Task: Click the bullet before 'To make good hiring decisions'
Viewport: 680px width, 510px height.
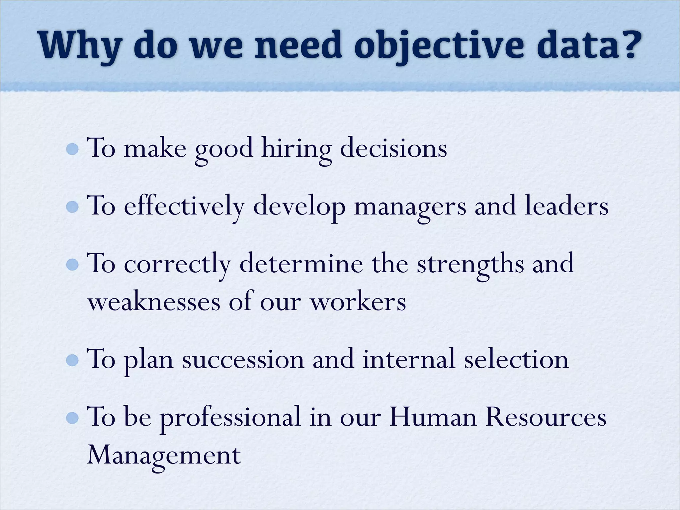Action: point(72,149)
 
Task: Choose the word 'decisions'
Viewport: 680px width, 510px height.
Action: point(393,148)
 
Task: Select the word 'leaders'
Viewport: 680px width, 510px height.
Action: point(566,206)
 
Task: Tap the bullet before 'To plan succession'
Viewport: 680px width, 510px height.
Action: point(72,360)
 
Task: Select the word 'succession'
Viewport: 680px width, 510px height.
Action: point(243,360)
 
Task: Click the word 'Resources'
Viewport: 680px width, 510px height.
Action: point(546,417)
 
